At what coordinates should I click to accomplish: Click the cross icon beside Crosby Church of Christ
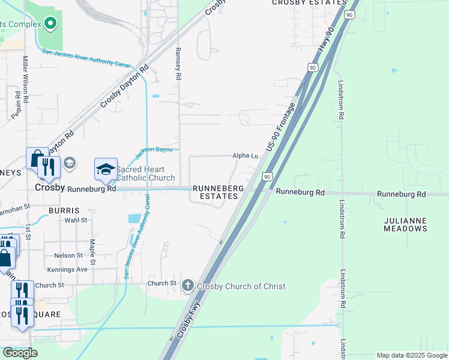tap(188, 286)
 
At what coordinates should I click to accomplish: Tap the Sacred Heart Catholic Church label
tap(145, 174)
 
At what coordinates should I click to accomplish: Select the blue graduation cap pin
tap(106, 170)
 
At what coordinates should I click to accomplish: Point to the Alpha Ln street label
tap(245, 155)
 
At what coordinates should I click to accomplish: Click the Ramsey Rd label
tap(178, 64)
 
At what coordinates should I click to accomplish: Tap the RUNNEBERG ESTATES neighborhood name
tap(218, 192)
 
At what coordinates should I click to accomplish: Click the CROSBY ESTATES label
tap(301, 3)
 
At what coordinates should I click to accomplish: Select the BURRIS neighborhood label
tap(64, 211)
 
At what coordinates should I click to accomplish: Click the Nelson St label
tap(68, 256)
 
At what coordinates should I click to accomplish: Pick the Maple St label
tap(92, 252)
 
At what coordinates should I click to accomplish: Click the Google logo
tap(20, 353)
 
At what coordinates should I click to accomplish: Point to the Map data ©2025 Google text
tap(412, 355)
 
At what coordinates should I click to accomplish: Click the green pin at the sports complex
tap(50, 24)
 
